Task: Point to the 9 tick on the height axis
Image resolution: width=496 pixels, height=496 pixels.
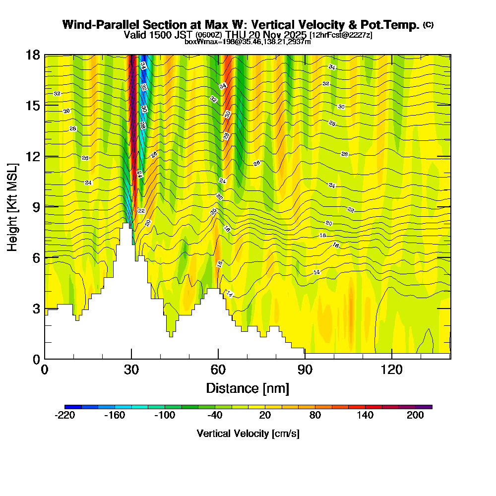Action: click(x=45, y=206)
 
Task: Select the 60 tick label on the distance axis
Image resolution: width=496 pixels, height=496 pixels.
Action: click(x=218, y=370)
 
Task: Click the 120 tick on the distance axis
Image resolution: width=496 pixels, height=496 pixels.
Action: click(x=391, y=359)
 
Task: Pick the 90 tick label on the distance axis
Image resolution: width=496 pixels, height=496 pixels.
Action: click(x=305, y=370)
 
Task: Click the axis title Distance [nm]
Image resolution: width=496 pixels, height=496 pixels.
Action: click(x=248, y=387)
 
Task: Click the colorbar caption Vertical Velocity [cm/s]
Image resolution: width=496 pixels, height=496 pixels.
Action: click(x=248, y=434)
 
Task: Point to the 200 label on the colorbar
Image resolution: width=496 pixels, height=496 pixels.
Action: click(x=415, y=416)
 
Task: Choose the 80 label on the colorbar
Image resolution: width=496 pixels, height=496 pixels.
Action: click(x=315, y=416)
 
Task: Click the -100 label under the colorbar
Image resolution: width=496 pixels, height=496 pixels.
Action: click(x=165, y=416)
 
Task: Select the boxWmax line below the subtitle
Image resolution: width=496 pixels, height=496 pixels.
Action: click(x=248, y=42)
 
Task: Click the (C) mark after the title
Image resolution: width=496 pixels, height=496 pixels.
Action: click(x=428, y=25)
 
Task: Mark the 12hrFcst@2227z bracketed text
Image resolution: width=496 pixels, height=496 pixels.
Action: click(x=341, y=35)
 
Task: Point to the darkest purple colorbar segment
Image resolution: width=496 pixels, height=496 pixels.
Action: click(x=427, y=407)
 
